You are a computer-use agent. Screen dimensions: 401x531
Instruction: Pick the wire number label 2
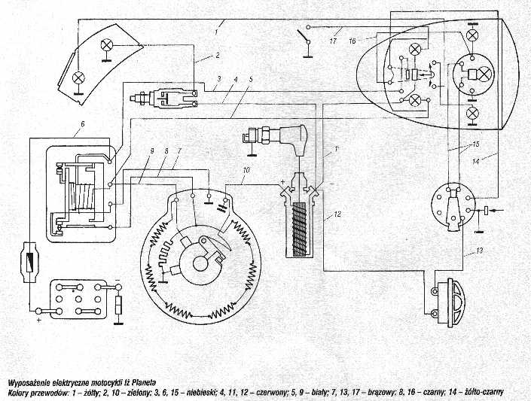click(216, 55)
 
